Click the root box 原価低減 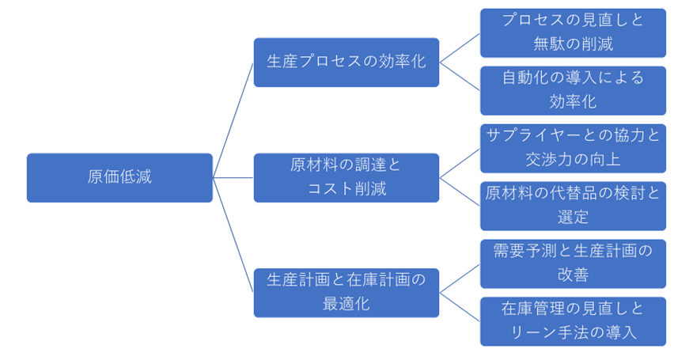[119, 177]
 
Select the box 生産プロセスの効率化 [346, 62]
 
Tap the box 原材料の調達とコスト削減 [346, 177]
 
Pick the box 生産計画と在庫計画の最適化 [346, 292]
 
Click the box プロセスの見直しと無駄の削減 [573, 32]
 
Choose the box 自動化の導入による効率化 [573, 90]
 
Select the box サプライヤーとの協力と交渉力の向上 [573, 148]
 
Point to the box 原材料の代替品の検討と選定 [573, 206]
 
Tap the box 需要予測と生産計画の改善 [573, 263]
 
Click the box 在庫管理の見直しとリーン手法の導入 [573, 320]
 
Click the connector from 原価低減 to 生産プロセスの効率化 [233, 119]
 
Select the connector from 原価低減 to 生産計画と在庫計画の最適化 [233, 235]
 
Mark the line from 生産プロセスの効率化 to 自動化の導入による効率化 [460, 76]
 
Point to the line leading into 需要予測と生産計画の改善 [460, 278]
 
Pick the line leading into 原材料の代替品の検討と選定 [460, 191]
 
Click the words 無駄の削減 [573, 44]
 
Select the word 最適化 [346, 303]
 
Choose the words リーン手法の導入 [573, 332]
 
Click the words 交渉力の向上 [573, 159]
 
